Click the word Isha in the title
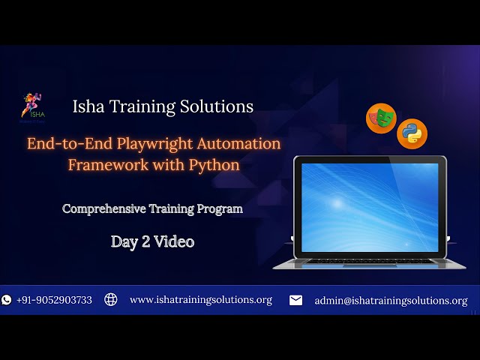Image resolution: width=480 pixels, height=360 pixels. pos(88,106)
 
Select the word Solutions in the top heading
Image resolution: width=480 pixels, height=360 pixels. pos(216,106)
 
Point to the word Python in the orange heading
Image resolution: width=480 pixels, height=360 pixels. pos(214,164)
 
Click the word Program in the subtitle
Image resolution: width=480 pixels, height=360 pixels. pos(220,209)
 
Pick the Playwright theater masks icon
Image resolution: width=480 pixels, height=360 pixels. pos(381,118)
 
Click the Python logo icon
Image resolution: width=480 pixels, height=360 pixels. pos(412,133)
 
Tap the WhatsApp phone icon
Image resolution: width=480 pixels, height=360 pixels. pos(7,300)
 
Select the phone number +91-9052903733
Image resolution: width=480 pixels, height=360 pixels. pos(54,300)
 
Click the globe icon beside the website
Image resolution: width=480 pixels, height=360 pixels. pos(111,300)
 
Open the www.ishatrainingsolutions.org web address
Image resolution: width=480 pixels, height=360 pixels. pos(200,300)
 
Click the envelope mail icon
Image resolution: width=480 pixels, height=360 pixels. pos(296,300)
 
